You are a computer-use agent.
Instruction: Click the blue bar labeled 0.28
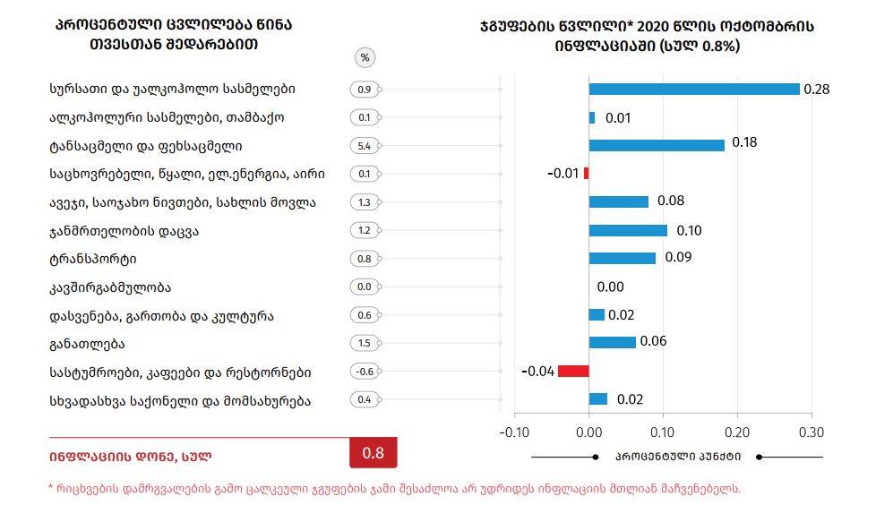(x=694, y=89)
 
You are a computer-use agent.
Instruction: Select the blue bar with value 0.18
(x=657, y=145)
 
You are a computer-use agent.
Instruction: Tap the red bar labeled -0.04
(x=573, y=371)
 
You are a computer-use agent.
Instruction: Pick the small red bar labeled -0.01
(x=586, y=173)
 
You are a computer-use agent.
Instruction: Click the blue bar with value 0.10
(x=628, y=230)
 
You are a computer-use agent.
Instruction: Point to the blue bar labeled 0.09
(x=623, y=258)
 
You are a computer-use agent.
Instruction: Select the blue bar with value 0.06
(x=613, y=342)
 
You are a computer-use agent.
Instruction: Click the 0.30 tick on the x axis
(x=811, y=432)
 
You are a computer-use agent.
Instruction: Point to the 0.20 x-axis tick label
(x=736, y=432)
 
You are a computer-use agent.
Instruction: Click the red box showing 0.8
(x=373, y=453)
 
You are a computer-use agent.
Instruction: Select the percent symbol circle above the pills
(x=365, y=57)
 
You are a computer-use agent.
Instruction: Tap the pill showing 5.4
(x=365, y=146)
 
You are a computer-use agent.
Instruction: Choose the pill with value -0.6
(x=365, y=372)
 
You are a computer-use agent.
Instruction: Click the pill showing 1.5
(x=365, y=344)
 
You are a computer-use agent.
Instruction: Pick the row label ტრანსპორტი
(x=93, y=260)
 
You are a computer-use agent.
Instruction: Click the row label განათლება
(x=87, y=344)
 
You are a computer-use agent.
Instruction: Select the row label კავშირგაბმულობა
(x=110, y=287)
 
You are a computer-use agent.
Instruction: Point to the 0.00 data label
(x=610, y=287)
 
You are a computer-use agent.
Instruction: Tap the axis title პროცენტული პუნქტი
(x=677, y=457)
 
